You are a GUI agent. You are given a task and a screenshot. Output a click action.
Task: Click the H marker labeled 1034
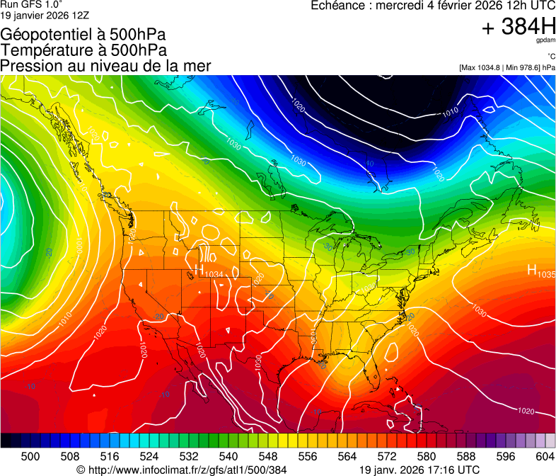199,270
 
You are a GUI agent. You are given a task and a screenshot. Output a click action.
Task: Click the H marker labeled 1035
532,270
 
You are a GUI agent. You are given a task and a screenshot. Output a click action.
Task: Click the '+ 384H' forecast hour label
519,27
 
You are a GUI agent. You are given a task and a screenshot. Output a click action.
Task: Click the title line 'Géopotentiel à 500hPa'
82,35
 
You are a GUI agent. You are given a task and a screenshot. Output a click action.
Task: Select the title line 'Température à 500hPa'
83,50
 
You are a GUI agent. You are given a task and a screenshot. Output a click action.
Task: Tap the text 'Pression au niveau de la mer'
105,66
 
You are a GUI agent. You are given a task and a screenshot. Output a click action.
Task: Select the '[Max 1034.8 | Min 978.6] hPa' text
506,67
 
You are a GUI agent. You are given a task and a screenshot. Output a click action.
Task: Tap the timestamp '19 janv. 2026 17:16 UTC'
419,470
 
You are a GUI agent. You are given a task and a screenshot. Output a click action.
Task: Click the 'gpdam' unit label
546,42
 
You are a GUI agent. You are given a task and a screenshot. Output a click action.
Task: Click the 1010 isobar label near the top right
450,112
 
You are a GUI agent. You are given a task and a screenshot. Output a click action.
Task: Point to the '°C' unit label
550,56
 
